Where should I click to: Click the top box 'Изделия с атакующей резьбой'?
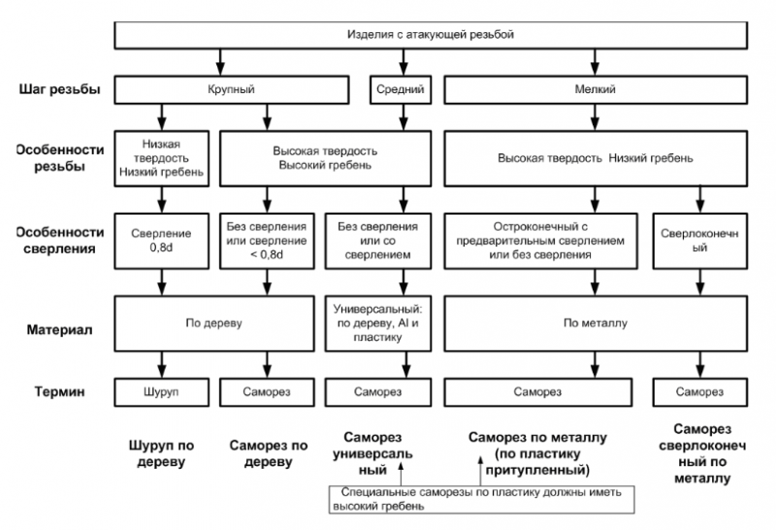(x=431, y=35)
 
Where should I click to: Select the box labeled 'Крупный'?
(x=231, y=89)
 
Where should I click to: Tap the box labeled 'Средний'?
(x=401, y=89)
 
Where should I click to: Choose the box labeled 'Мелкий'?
(x=596, y=89)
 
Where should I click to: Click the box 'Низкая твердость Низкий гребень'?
(x=161, y=158)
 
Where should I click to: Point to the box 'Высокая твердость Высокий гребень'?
(x=325, y=158)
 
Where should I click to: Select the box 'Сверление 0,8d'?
(x=161, y=242)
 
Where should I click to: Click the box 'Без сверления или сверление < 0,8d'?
(x=267, y=242)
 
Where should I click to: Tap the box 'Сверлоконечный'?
(x=699, y=242)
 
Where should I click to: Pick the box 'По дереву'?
(x=213, y=324)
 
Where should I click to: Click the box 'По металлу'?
(x=596, y=324)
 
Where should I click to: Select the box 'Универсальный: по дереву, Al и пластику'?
(x=378, y=324)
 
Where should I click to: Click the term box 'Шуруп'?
(x=161, y=392)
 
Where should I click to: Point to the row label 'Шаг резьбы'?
(x=59, y=89)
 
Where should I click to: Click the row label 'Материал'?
(x=59, y=330)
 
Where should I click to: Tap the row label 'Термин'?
(x=59, y=392)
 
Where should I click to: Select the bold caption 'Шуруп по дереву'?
(x=161, y=453)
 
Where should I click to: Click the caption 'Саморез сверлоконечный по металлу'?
(x=702, y=453)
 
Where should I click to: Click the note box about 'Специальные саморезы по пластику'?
(x=481, y=499)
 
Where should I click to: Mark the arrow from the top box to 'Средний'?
(x=404, y=62)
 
